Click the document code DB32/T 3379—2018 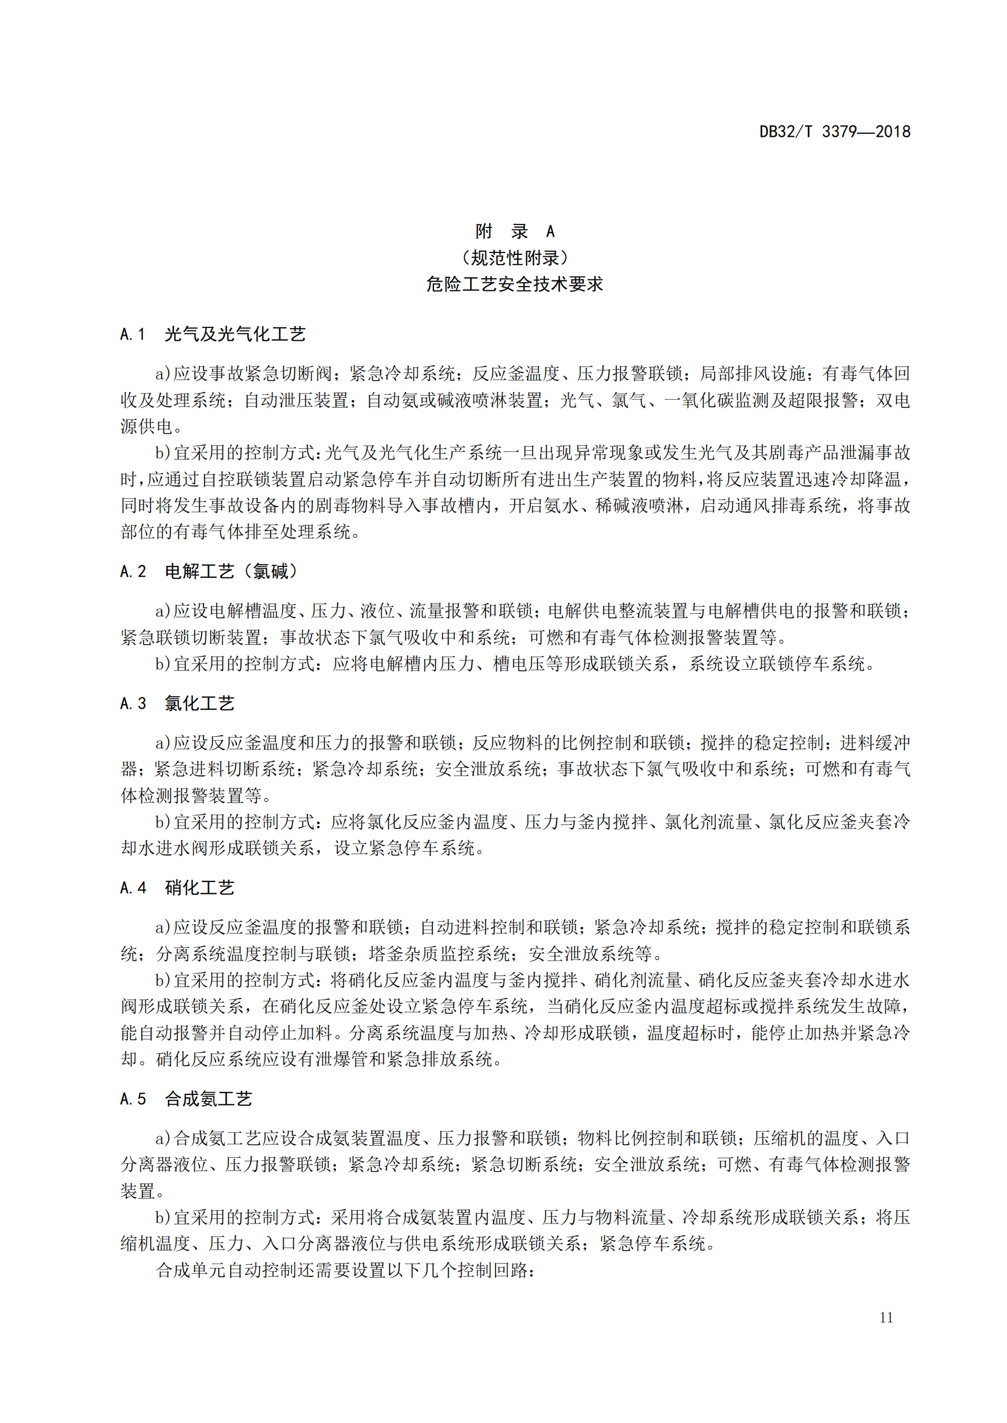pos(835,132)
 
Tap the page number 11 pos(886,1317)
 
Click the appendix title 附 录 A pos(514,231)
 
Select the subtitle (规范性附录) pos(514,258)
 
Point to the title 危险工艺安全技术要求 pos(514,285)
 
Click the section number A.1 pos(133,335)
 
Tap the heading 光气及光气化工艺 pos(235,335)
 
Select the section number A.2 pos(133,571)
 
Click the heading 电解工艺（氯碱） pos(232,571)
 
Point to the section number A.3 pos(133,703)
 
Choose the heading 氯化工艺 pos(200,703)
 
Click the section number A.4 pos(133,888)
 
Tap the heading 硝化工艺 pos(200,888)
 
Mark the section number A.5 pos(133,1099)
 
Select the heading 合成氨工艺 pos(208,1099)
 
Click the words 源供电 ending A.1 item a pos(146,426)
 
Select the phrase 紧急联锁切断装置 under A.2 pos(191,638)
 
